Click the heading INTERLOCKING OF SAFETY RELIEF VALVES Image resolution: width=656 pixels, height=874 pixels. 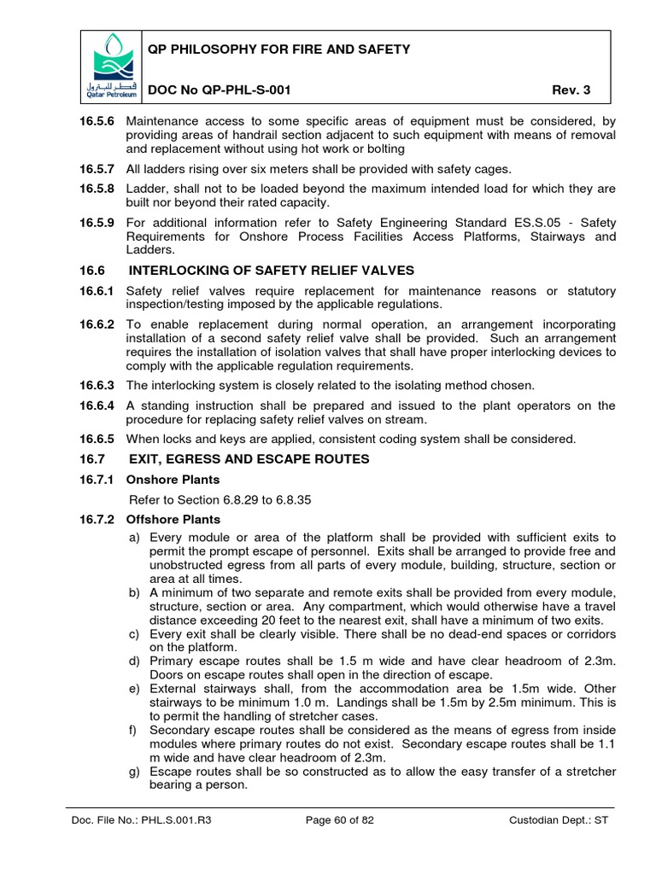tap(271, 271)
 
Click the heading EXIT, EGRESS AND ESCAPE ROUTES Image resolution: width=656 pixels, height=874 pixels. tap(249, 459)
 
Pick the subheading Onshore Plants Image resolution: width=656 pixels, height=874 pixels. tap(173, 480)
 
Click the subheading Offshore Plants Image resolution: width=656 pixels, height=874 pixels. tap(173, 519)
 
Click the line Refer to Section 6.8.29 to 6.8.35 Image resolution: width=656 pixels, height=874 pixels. tap(220, 499)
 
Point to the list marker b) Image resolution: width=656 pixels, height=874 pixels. tap(135, 593)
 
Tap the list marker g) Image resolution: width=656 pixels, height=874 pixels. tap(135, 772)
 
